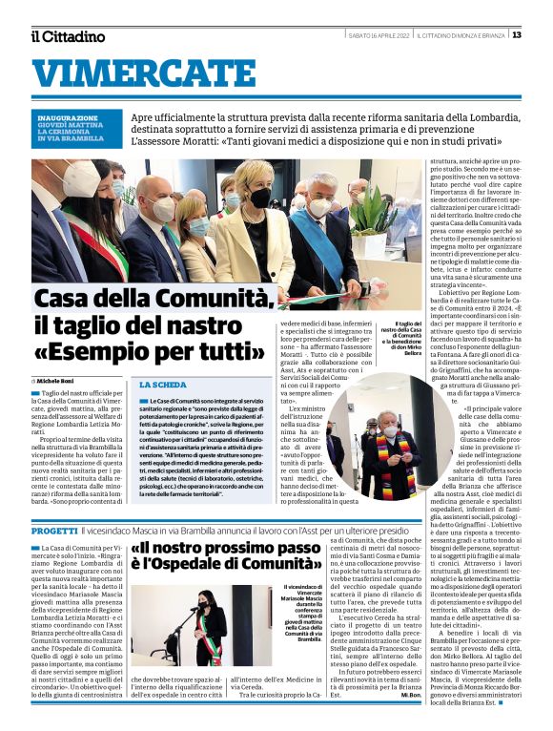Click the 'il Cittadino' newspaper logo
[x=68, y=36]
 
